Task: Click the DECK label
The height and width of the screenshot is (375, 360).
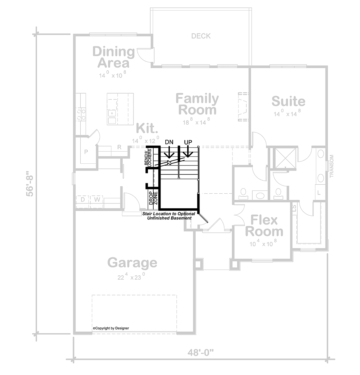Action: (x=201, y=36)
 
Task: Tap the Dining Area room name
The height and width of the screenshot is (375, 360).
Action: (x=114, y=57)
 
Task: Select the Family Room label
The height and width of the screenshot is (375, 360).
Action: (x=197, y=104)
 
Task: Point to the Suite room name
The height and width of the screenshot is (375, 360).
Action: (x=289, y=101)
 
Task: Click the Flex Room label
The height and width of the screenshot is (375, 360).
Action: (x=264, y=226)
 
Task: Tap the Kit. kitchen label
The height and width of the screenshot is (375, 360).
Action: (x=147, y=128)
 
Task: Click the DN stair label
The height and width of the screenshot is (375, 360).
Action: (x=169, y=142)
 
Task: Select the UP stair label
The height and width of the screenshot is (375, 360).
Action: (x=188, y=142)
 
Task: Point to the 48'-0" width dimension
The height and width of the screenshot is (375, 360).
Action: (x=201, y=353)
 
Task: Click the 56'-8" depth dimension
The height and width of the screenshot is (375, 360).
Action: (x=30, y=183)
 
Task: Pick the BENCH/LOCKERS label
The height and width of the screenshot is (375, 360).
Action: (x=148, y=157)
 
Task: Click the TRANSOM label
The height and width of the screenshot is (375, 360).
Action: (x=331, y=166)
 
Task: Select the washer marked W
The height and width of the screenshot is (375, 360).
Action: (x=97, y=199)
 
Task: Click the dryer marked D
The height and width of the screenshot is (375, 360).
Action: (x=83, y=199)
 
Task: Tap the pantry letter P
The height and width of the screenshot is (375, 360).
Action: (x=86, y=152)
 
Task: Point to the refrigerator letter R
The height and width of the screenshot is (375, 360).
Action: (x=119, y=147)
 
